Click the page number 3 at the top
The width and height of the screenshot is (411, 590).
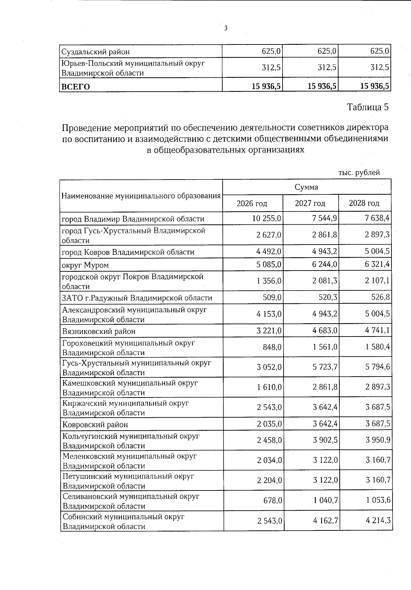point(226,28)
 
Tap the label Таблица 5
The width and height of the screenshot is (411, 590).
point(368,107)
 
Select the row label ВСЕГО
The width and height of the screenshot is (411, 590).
point(75,87)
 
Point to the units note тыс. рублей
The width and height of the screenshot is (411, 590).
point(359,173)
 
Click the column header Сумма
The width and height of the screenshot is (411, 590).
point(306,187)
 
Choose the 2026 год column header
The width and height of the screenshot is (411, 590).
point(252,204)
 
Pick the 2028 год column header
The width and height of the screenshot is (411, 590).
point(364,204)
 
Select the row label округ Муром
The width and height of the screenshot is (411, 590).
point(85,265)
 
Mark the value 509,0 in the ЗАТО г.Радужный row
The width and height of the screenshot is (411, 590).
point(272,297)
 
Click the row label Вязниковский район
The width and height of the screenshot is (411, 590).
point(99,331)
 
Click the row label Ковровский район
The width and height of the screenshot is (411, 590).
point(95,424)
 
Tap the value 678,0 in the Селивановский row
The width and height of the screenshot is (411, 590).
point(273,500)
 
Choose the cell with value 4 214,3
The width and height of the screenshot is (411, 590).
point(378,521)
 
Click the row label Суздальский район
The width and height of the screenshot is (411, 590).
point(96,52)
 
